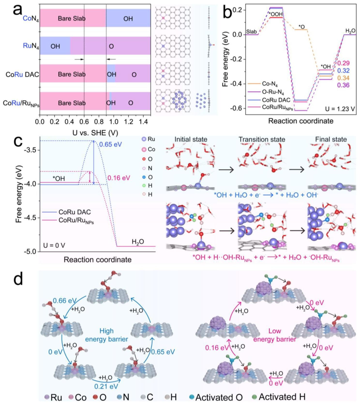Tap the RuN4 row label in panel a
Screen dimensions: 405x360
[31, 46]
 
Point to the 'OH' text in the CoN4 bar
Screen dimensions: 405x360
[128, 19]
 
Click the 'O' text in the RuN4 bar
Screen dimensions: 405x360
[111, 46]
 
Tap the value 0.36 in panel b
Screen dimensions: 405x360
[343, 85]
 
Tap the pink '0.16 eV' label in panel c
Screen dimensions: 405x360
[119, 178]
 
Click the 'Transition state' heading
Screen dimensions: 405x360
[262, 139]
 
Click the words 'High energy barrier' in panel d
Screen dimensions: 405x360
[106, 335]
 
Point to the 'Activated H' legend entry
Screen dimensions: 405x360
[282, 397]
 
